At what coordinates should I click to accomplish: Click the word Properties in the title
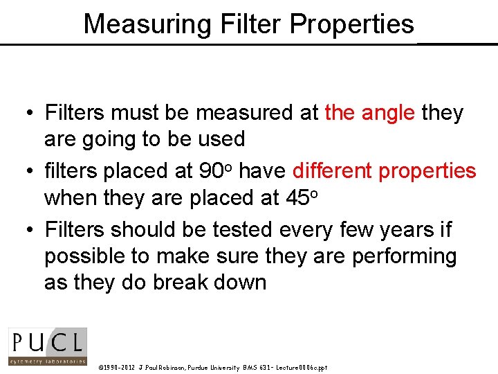tap(353, 24)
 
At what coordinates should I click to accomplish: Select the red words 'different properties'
tap(384, 170)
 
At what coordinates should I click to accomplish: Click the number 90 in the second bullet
tap(209, 170)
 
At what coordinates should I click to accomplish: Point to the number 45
tap(299, 198)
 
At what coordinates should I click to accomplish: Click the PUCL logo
tap(47, 346)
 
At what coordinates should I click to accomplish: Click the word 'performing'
tap(405, 256)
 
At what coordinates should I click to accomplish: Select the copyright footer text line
tap(213, 367)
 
